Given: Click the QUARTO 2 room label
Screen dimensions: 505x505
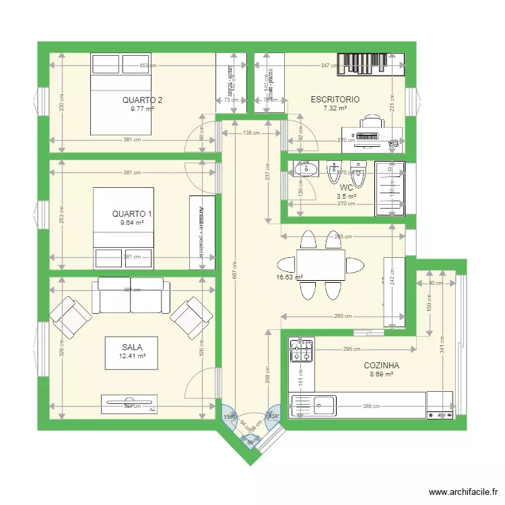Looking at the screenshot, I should coord(142,100).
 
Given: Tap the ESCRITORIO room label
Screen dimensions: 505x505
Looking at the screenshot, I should coord(335,100).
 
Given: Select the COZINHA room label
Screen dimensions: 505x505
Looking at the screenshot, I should coord(381,366).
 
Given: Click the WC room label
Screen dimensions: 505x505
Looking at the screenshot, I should coord(346,188).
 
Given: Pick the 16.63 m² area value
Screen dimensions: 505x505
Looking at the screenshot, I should coord(290,277).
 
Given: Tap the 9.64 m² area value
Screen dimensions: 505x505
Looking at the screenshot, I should coord(132,223).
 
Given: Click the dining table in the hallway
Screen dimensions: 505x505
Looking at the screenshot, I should coord(321,265).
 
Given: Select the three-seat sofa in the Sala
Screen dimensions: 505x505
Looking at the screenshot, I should coord(131,295).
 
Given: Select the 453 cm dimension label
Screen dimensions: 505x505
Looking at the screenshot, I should coord(149,66).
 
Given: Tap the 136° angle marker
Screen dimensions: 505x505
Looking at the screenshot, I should coord(228,417).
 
